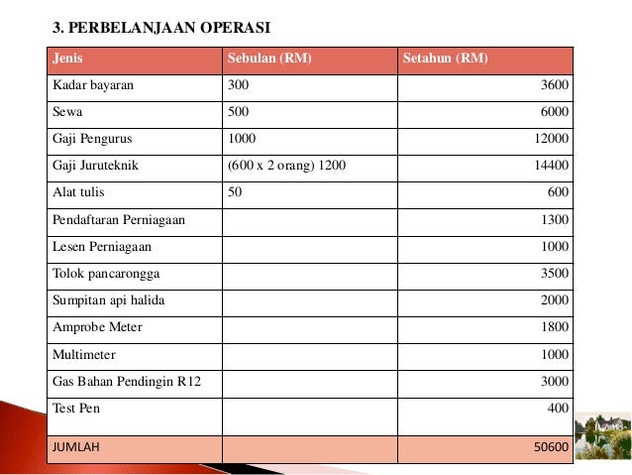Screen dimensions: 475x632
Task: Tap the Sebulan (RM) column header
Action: tap(269, 59)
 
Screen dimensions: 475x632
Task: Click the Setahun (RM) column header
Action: tap(445, 59)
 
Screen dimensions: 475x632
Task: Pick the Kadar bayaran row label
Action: tap(93, 85)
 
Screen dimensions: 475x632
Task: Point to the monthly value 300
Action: tap(238, 85)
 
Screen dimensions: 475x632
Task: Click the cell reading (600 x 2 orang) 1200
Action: tap(286, 166)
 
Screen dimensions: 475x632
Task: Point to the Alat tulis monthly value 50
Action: tap(235, 192)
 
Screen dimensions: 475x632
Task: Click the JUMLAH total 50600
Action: tap(550, 447)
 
